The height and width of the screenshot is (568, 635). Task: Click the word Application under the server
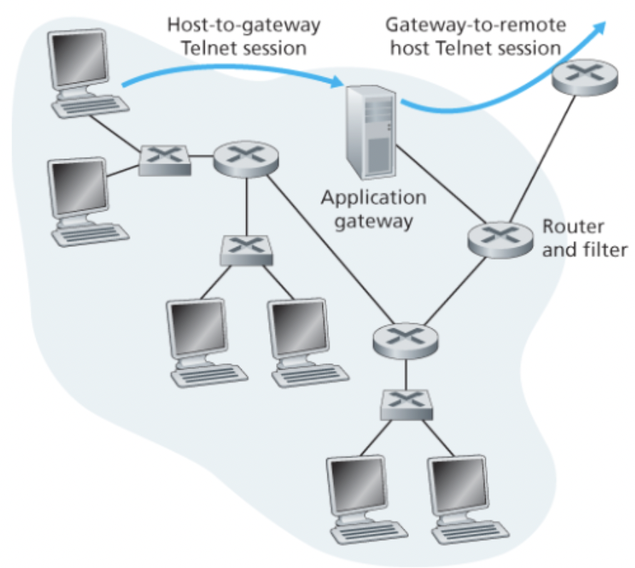[x=373, y=198]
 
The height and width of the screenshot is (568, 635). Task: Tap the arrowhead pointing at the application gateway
[x=337, y=85]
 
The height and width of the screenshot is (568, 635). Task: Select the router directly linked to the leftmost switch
[x=246, y=157]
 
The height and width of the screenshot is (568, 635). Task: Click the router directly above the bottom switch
[x=405, y=338]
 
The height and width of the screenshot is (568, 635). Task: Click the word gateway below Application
[x=373, y=220]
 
